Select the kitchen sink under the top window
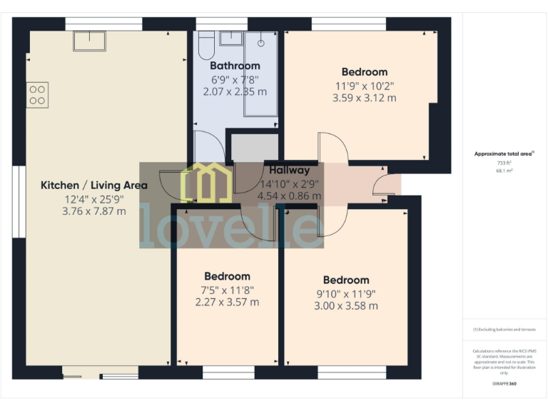(88, 40)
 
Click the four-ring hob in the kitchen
(37, 96)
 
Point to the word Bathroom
(235, 66)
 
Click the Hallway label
(289, 170)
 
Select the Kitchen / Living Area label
(93, 185)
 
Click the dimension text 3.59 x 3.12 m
(364, 98)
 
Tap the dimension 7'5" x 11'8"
(227, 290)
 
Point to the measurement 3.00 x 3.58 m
(346, 306)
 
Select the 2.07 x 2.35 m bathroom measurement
(235, 91)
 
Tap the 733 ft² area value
(504, 163)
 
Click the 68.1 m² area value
(504, 171)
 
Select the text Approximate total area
(503, 153)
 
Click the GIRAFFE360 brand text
(504, 384)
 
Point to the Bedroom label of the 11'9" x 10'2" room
(364, 71)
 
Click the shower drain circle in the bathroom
(261, 42)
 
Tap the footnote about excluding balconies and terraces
(504, 330)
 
